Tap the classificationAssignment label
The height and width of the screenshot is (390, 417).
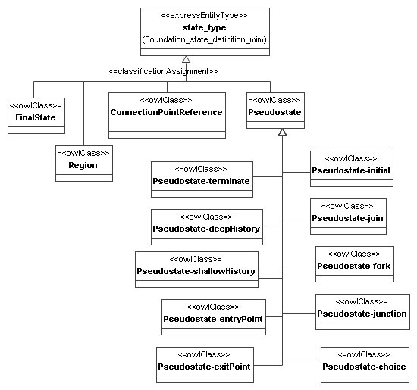coord(163,71)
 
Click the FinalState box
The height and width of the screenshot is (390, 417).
coord(35,114)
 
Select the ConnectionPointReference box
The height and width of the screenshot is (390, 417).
coord(166,114)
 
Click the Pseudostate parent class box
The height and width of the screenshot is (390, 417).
coord(275,114)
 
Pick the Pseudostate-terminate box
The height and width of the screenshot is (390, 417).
coord(201,178)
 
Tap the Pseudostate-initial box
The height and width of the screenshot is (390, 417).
coord(351,169)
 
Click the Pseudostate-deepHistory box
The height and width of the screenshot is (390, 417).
coord(206,226)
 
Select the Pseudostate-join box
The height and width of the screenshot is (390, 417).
coord(347,217)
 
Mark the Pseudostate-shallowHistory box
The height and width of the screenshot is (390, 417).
coord(196,269)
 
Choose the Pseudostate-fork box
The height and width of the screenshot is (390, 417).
coord(354,264)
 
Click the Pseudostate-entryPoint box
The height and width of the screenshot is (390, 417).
coord(213,317)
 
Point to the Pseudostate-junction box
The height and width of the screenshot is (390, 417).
coord(361,311)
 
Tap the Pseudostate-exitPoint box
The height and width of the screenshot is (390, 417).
coord(204,364)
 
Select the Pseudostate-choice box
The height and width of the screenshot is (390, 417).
coord(364,364)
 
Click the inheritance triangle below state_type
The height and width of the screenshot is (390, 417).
coord(187,60)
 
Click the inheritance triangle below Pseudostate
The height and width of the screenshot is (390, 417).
coord(282,132)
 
